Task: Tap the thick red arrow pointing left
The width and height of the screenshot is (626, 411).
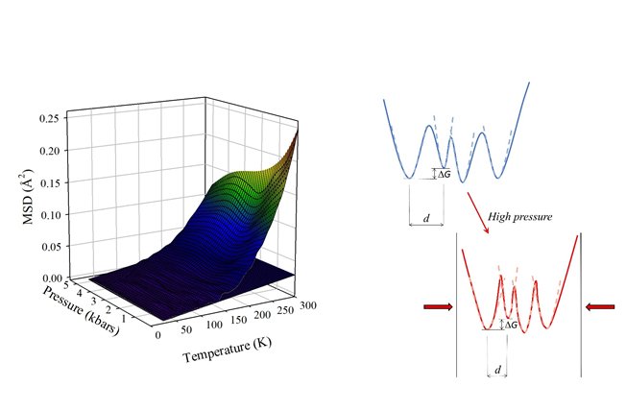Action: click(x=600, y=307)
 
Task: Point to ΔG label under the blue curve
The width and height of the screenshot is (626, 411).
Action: click(x=445, y=174)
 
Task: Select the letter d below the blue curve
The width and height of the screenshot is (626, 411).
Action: click(x=426, y=220)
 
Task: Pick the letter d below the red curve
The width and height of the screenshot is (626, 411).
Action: click(x=497, y=369)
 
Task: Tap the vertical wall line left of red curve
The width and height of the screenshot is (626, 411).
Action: click(x=456, y=307)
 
